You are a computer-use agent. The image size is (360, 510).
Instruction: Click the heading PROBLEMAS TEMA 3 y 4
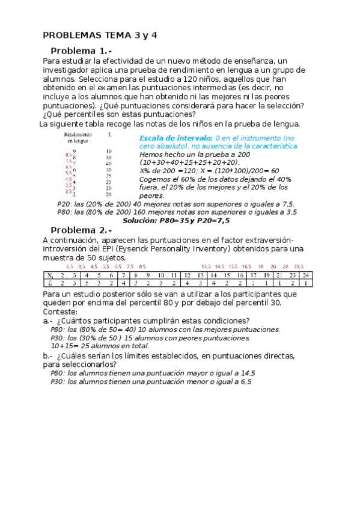pyautogui.click(x=100, y=35)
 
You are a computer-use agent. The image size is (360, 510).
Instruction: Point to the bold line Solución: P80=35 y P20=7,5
pyautogui.click(x=176, y=221)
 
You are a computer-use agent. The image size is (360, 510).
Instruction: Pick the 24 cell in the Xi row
pyautogui.click(x=305, y=275)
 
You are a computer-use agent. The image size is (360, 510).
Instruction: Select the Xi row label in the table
pyautogui.click(x=50, y=275)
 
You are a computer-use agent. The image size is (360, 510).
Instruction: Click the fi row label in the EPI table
pyautogui.click(x=50, y=283)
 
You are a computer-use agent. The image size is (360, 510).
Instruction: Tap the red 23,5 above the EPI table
pyautogui.click(x=299, y=266)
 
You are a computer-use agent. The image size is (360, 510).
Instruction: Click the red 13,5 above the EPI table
pyautogui.click(x=206, y=266)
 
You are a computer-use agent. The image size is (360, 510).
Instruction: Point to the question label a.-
pyautogui.click(x=48, y=321)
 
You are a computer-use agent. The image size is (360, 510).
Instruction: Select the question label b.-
pyautogui.click(x=48, y=356)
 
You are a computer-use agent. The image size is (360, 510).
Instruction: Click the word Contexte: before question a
pyautogui.click(x=60, y=312)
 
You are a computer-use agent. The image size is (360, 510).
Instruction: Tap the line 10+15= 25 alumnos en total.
pyautogui.click(x=100, y=346)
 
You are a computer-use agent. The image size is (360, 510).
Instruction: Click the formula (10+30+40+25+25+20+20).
pyautogui.click(x=189, y=162)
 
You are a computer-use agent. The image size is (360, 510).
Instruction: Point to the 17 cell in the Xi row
pyautogui.click(x=252, y=275)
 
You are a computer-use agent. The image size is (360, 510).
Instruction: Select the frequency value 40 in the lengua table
pyautogui.click(x=108, y=164)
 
